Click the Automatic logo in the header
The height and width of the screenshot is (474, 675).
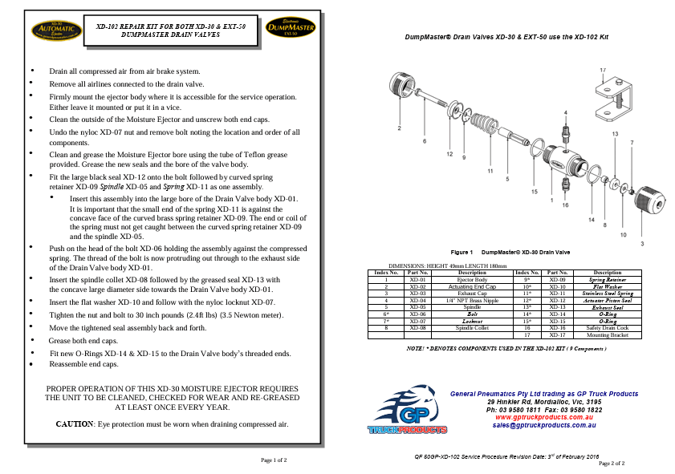coord(50,30)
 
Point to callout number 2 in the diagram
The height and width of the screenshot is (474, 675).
coord(399,128)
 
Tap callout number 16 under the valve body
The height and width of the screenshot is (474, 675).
coord(565,205)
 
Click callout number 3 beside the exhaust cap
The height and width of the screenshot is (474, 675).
coord(640,241)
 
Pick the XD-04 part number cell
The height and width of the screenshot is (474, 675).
coord(417,299)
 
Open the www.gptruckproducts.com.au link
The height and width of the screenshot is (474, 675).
coord(543,417)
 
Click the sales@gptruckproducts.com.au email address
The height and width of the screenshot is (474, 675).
coord(543,425)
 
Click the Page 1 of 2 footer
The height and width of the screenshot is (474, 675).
coord(274,460)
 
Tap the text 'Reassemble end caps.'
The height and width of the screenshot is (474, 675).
coord(83,363)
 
